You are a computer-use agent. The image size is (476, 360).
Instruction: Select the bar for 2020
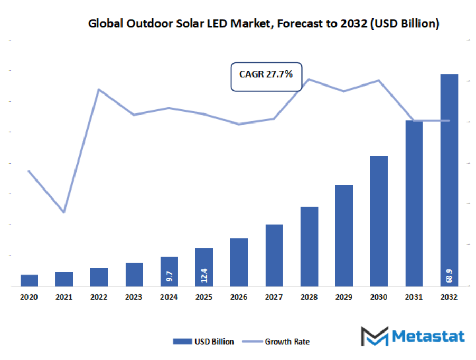29,280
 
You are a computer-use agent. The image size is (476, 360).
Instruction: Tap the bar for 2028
309,247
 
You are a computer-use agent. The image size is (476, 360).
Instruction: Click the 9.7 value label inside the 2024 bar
169,275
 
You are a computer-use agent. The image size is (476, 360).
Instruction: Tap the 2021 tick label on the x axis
64,298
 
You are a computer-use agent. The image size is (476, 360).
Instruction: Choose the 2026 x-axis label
239,298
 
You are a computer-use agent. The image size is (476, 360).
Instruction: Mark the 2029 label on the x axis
344,298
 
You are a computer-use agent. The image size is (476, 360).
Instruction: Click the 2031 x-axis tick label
414,298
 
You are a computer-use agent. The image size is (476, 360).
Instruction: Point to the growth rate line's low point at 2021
64,212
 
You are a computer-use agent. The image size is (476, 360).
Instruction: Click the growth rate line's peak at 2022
99,89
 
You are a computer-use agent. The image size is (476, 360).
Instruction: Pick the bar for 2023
134,274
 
